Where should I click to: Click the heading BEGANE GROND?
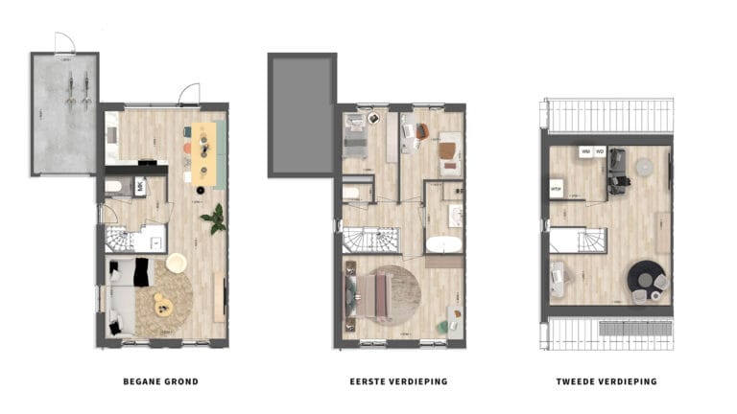160,381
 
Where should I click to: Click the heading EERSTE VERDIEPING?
398,381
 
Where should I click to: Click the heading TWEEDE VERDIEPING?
606,381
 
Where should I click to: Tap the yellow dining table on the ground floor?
203,155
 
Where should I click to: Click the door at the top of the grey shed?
64,42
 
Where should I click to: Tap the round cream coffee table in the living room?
177,263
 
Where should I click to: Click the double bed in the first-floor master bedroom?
373,295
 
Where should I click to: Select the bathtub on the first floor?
444,241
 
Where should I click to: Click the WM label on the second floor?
584,151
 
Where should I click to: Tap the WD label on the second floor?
600,151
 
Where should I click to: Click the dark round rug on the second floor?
647,279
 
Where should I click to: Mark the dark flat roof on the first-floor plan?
301,115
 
